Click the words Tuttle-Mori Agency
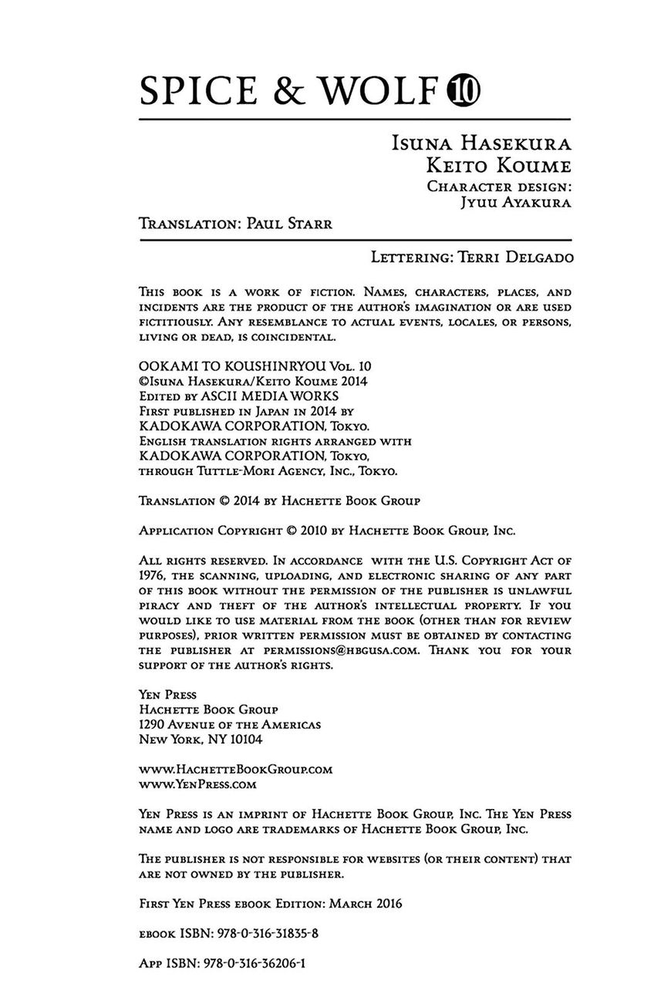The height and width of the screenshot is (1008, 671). click(x=248, y=470)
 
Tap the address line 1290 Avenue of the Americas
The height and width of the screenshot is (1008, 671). click(x=230, y=724)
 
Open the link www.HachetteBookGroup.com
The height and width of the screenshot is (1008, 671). click(x=235, y=769)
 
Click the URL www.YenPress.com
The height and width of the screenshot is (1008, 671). click(x=197, y=784)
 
